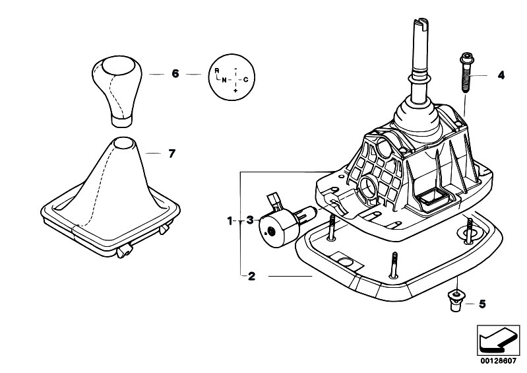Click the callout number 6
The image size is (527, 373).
coord(175,74)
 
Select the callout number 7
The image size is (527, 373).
coord(171,154)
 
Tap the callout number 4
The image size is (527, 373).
coord(501,75)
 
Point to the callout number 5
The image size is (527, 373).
coord(482,304)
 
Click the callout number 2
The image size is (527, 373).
coord(251,277)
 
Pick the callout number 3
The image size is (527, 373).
coord(250,220)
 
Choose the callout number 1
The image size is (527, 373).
coord(230,221)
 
